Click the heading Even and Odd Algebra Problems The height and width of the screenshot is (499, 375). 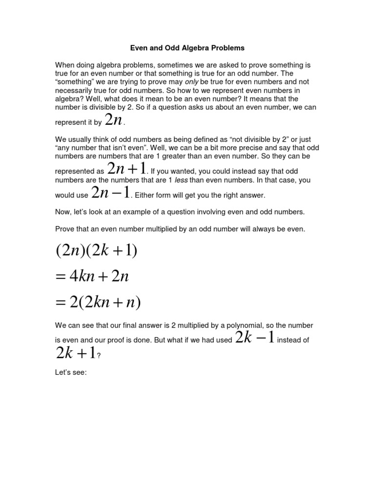click(187, 48)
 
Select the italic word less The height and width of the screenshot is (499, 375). click(181, 180)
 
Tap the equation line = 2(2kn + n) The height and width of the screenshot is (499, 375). click(98, 303)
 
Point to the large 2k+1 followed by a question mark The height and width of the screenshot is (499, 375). click(75, 353)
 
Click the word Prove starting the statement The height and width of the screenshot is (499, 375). click(64, 229)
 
